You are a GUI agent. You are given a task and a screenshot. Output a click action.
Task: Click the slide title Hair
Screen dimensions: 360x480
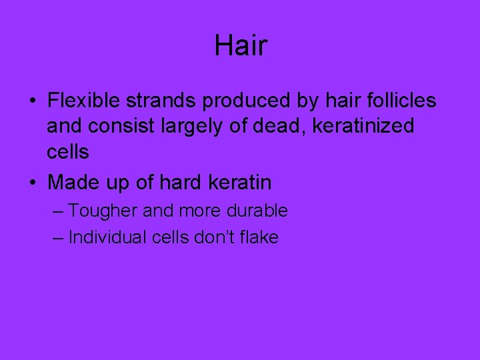(241, 46)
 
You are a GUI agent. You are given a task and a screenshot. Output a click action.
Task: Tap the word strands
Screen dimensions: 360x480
(163, 101)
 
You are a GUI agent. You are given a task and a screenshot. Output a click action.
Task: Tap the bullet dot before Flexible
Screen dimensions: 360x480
(32, 101)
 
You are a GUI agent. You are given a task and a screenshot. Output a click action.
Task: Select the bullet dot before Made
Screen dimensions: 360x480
(32, 182)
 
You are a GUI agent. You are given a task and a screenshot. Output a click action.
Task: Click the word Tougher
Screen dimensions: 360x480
(102, 211)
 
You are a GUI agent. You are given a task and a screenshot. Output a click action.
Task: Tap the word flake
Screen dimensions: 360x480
(258, 237)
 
